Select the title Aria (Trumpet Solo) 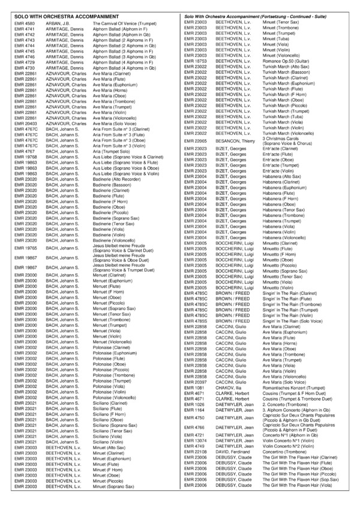pyautogui.click(x=110, y=151)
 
